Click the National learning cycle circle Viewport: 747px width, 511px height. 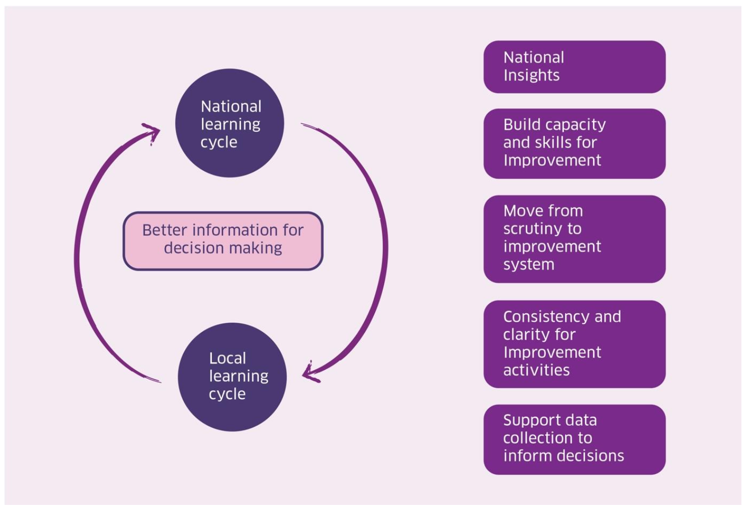(230, 123)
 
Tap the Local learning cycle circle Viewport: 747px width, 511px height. (232, 377)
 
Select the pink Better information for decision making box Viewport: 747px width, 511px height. (223, 241)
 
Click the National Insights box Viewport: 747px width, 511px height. (574, 67)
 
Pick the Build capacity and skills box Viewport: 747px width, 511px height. (574, 143)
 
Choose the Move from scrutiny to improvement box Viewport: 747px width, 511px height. (574, 239)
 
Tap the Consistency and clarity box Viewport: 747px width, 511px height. (574, 344)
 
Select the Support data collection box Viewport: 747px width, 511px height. (574, 439)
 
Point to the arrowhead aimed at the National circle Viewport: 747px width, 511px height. (152, 133)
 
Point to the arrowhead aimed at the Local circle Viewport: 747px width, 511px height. (309, 374)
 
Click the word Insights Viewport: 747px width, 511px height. (531, 76)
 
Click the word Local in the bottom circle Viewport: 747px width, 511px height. (228, 358)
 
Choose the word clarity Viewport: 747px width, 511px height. (526, 335)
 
